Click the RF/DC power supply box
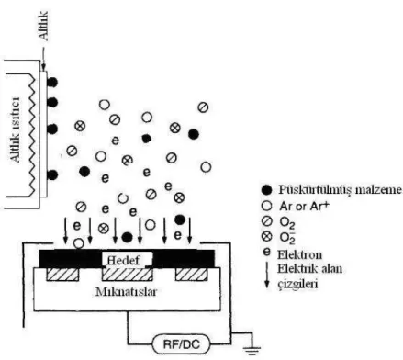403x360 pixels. pos(181,344)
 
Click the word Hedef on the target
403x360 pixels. pos(123,260)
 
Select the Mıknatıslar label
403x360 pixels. pos(126,291)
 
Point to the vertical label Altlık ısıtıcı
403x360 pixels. pos(15,129)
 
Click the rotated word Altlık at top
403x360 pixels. pos(43,26)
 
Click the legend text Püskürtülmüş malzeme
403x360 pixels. pos(341,190)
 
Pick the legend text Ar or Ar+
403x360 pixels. pos(304,206)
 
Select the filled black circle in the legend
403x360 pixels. pos(266,190)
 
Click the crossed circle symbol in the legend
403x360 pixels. pos(267,236)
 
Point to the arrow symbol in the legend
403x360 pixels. pos(267,275)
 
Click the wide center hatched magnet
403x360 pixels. pos(127,275)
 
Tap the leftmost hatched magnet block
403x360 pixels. pos(62,275)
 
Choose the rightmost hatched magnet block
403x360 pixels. pos(192,275)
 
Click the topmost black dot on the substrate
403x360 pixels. pos(52,83)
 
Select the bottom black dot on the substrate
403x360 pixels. pos(52,174)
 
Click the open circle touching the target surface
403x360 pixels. pos(79,243)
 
